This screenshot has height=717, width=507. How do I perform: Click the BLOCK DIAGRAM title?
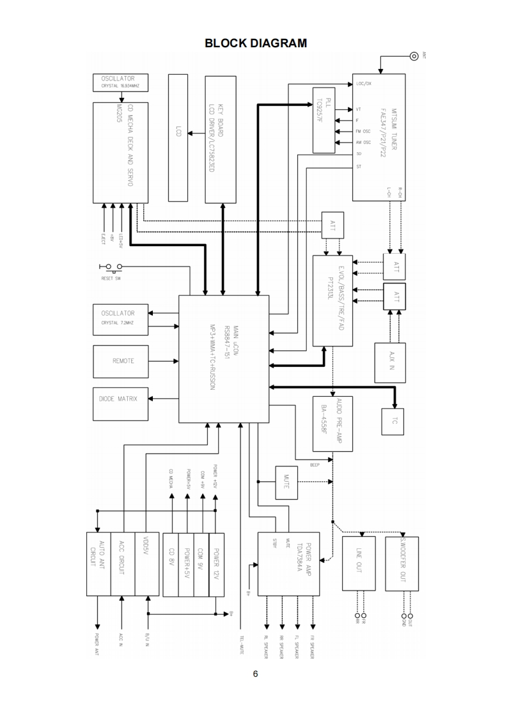255,43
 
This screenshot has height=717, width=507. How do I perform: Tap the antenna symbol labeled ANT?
414,56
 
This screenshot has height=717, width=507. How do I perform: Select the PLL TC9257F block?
324,120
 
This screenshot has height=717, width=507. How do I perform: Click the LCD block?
178,137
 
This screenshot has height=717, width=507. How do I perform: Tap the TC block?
393,421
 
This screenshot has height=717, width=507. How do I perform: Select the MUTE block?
286,482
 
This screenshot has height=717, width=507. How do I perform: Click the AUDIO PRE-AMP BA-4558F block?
332,423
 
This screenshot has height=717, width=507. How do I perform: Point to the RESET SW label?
111,279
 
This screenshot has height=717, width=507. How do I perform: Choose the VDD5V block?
148,564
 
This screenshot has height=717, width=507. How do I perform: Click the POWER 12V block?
217,564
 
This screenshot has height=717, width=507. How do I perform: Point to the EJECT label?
104,239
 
